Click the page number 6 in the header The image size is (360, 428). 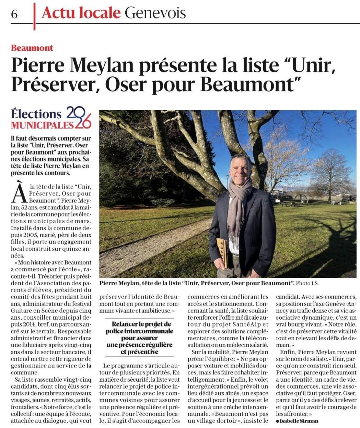coord(14,14)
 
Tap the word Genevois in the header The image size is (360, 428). coord(155,13)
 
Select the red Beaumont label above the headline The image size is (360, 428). coord(32,48)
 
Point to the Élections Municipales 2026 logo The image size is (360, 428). coord(51,118)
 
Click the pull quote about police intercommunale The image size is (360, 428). coord(139,337)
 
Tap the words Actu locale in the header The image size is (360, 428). coord(81,13)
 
